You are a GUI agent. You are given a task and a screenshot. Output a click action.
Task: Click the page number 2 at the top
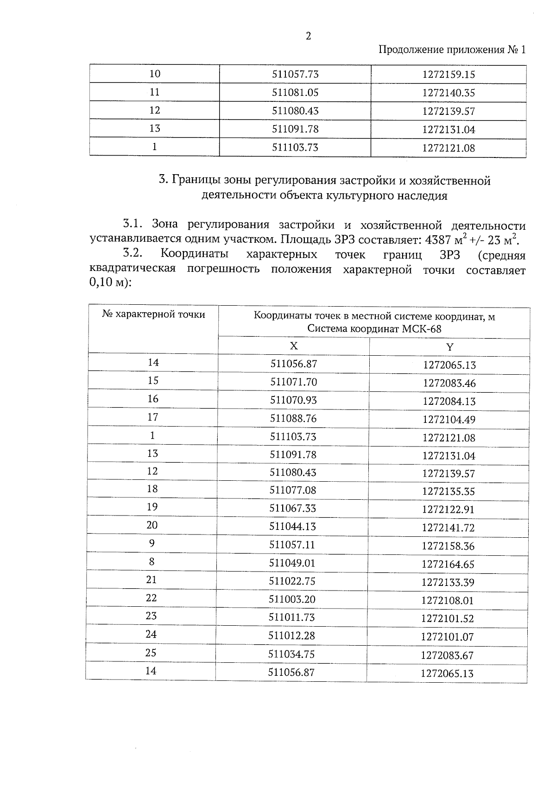[309, 36]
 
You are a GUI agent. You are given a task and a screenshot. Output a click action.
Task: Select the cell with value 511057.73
[295, 74]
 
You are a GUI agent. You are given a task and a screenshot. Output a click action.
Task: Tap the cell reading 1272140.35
[449, 93]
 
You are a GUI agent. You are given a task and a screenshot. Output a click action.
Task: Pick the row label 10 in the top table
[155, 74]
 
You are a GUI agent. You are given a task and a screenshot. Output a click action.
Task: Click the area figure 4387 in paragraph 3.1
[438, 240]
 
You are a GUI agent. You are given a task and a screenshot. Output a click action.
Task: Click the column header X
[294, 346]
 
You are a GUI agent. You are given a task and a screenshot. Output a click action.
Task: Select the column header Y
[449, 347]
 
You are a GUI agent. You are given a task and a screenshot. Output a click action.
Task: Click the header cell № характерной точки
[153, 314]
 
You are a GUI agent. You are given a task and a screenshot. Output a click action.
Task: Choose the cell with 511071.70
[294, 382]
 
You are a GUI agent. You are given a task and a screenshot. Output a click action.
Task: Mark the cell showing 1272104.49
[449, 420]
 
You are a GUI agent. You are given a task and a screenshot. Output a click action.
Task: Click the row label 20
[152, 525]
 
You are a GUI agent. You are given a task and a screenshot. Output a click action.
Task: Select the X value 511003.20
[292, 599]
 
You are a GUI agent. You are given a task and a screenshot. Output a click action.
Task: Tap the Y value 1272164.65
[448, 564]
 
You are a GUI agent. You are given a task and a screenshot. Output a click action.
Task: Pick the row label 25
[151, 653]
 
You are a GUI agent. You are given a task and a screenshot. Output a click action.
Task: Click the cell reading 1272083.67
[447, 655]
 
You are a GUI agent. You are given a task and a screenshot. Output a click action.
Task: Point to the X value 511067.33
[293, 508]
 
